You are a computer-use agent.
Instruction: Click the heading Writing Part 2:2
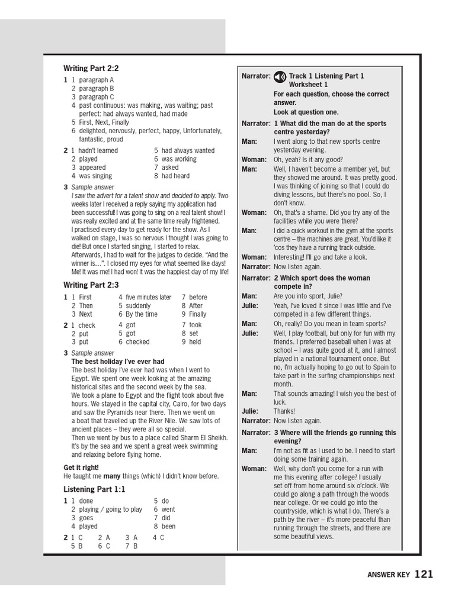tap(91, 69)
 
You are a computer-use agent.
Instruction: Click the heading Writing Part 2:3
tap(91, 285)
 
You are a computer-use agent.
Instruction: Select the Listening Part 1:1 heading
tap(94, 489)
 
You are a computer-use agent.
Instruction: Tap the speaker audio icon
tap(280, 76)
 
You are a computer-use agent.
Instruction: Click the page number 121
tap(424, 573)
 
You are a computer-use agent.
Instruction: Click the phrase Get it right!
tap(81, 468)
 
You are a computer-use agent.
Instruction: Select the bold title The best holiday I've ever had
tap(118, 362)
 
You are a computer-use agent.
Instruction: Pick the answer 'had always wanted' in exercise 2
tap(188, 150)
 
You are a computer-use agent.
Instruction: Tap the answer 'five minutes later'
tap(148, 297)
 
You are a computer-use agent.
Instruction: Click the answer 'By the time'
tap(142, 314)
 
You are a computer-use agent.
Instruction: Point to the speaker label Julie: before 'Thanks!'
tap(249, 411)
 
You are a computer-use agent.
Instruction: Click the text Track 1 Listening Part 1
tap(326, 76)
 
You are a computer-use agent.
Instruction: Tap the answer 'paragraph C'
tap(97, 97)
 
